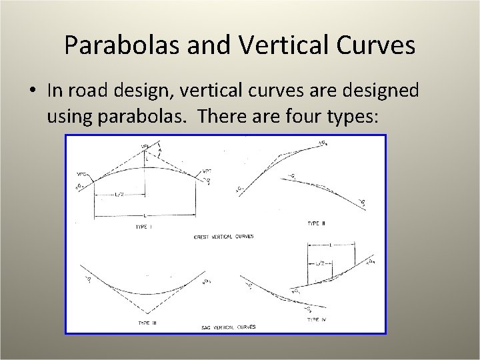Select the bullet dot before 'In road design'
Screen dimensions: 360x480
coord(33,91)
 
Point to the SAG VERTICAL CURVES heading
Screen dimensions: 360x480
coord(228,327)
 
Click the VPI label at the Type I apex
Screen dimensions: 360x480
coord(145,146)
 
